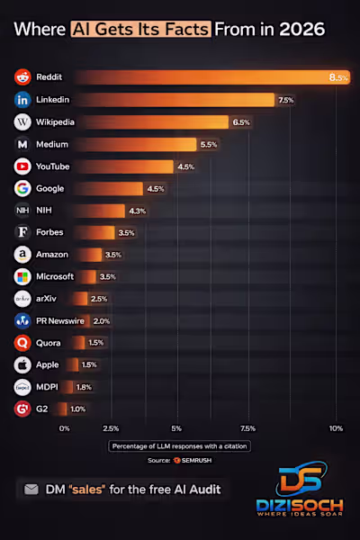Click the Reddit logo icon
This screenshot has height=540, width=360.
(22, 76)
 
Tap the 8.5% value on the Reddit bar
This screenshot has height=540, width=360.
(338, 77)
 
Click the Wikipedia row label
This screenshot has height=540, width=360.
(55, 121)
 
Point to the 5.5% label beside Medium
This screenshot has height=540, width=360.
(209, 144)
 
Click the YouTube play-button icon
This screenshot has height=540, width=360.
(22, 166)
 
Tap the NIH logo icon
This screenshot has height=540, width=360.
(22, 211)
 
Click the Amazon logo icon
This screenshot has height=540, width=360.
(22, 255)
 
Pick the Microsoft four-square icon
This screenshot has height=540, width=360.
(22, 276)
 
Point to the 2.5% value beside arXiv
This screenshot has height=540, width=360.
(99, 298)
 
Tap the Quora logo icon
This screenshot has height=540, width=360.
(22, 343)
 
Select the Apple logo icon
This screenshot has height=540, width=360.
(22, 364)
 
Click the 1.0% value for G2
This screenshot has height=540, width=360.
(78, 409)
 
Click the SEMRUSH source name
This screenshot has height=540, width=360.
(197, 461)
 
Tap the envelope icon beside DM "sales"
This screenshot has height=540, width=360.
(31, 490)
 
